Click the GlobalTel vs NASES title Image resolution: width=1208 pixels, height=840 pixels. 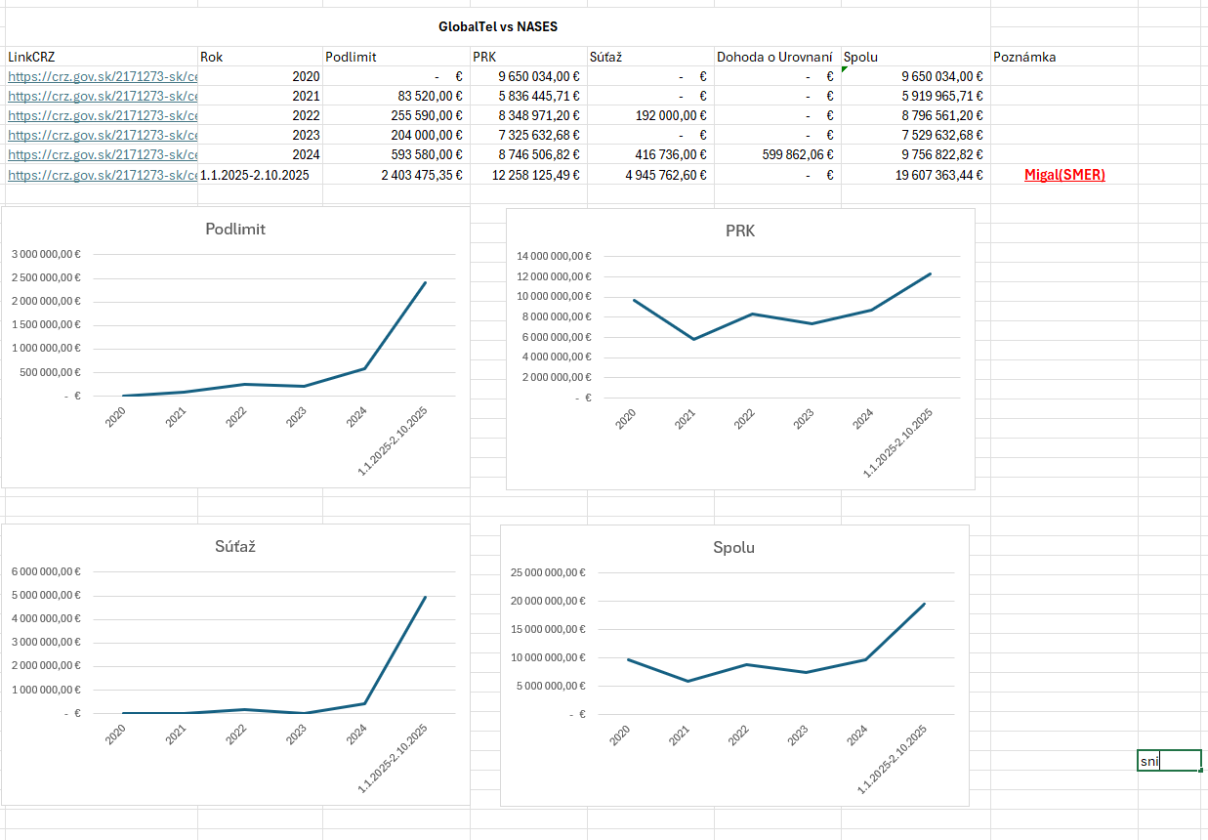point(498,27)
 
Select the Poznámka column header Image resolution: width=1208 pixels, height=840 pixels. point(1023,57)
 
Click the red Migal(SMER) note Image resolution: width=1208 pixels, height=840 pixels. point(1064,175)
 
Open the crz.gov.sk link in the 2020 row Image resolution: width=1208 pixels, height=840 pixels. point(103,76)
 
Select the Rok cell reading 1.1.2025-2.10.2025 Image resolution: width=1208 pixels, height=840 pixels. point(254,175)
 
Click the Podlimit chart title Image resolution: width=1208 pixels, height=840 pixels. point(235,230)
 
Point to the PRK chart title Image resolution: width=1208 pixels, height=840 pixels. point(740,231)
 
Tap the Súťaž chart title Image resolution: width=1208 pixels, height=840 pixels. point(235,546)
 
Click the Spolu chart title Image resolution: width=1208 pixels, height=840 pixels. point(734,547)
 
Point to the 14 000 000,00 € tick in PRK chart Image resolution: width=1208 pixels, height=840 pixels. point(554,256)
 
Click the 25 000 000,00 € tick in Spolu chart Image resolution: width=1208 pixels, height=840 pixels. point(548,572)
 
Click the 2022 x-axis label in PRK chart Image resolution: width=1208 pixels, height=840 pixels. point(745,419)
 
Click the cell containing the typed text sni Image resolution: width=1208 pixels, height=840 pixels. point(1168,761)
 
